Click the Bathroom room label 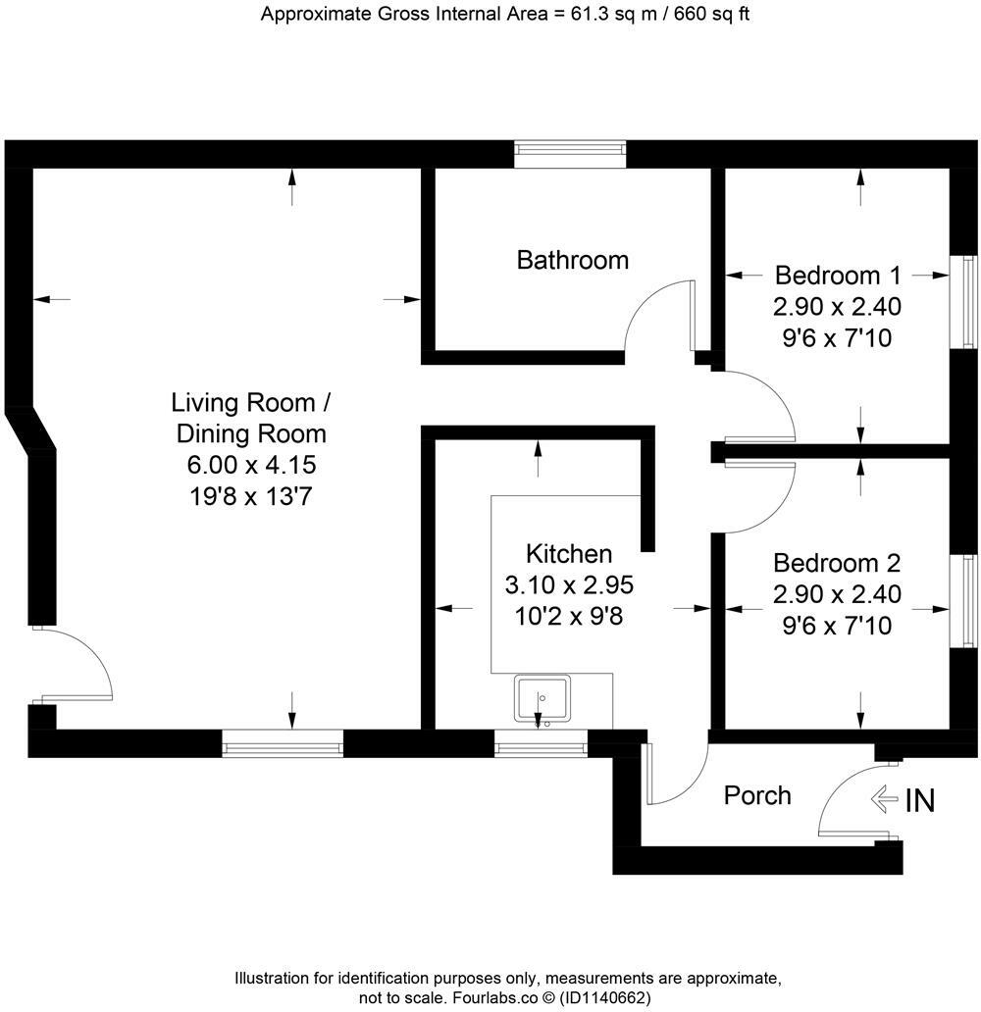(573, 260)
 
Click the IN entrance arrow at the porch (885, 800)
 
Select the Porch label (757, 794)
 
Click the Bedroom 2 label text (837, 563)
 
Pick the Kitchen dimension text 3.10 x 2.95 (569, 585)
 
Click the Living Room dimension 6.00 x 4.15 (251, 464)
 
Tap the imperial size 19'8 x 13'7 (251, 496)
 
